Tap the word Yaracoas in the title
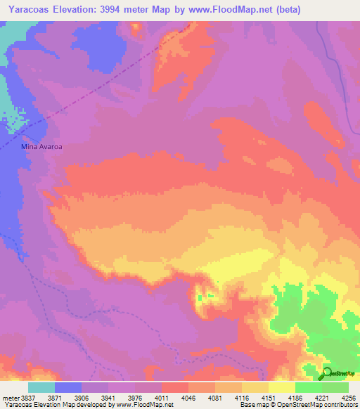[x=30, y=10]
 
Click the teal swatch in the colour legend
[x=41, y=387]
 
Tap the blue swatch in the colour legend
[x=68, y=387]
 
